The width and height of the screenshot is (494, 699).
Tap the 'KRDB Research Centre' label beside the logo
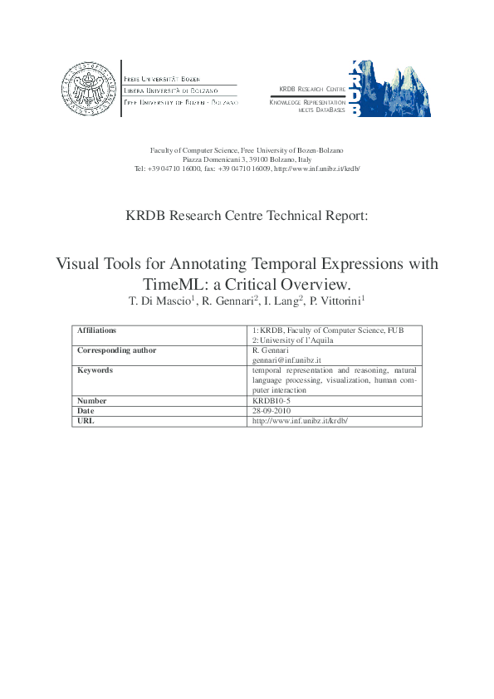click(312, 89)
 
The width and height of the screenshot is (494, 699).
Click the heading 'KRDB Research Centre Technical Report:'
click(247, 215)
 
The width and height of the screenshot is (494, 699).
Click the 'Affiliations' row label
click(96, 330)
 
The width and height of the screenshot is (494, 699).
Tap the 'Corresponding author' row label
click(116, 350)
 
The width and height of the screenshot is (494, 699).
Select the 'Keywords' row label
click(95, 370)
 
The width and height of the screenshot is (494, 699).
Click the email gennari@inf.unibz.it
click(286, 360)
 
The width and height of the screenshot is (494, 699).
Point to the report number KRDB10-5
click(271, 400)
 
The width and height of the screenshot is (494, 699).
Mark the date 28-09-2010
click(270, 410)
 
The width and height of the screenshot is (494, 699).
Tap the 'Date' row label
click(86, 410)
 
